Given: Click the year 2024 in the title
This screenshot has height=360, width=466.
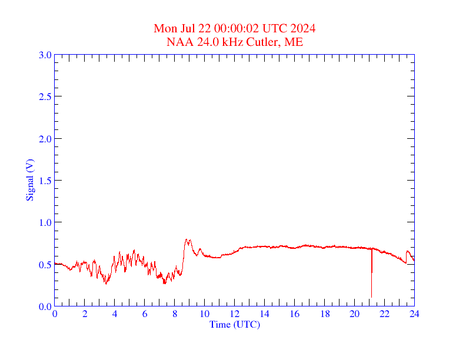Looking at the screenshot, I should coord(302,29).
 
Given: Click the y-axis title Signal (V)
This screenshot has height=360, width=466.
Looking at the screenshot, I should coord(29,180).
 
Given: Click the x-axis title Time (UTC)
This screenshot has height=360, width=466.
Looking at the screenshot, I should coord(235,324).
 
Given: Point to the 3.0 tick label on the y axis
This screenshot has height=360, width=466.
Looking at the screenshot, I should coord(45,55).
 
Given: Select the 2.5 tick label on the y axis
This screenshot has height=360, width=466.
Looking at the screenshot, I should coord(45,96).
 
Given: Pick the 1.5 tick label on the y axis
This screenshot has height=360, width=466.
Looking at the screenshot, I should coord(45,181).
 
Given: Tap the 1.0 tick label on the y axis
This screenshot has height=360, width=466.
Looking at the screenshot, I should coord(45,222).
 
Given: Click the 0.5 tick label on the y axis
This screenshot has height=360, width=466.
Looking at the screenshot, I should coord(45,265).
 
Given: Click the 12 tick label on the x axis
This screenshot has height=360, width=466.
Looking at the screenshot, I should coord(235,314).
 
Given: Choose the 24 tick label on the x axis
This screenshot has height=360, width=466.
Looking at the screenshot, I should coord(414,314).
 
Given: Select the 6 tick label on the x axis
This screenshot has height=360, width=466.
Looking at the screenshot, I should coord(145,314).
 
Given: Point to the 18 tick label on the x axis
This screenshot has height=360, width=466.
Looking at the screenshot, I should coord(325,314).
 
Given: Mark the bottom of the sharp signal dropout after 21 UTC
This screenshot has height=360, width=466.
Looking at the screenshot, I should coord(371,296).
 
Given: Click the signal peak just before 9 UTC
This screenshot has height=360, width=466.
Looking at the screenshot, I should coord(187,239).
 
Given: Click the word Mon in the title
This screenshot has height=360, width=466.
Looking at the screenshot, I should coord(164,29).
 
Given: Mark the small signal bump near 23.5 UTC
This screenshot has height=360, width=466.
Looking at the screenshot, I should coord(408,251).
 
